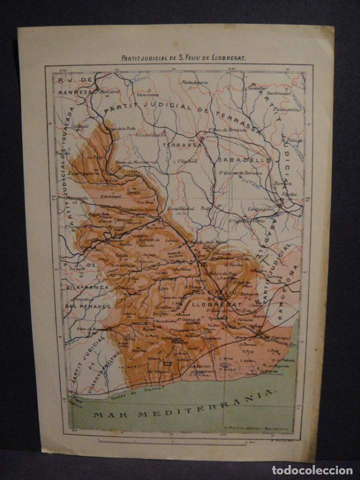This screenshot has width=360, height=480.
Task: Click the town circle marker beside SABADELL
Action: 268,160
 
